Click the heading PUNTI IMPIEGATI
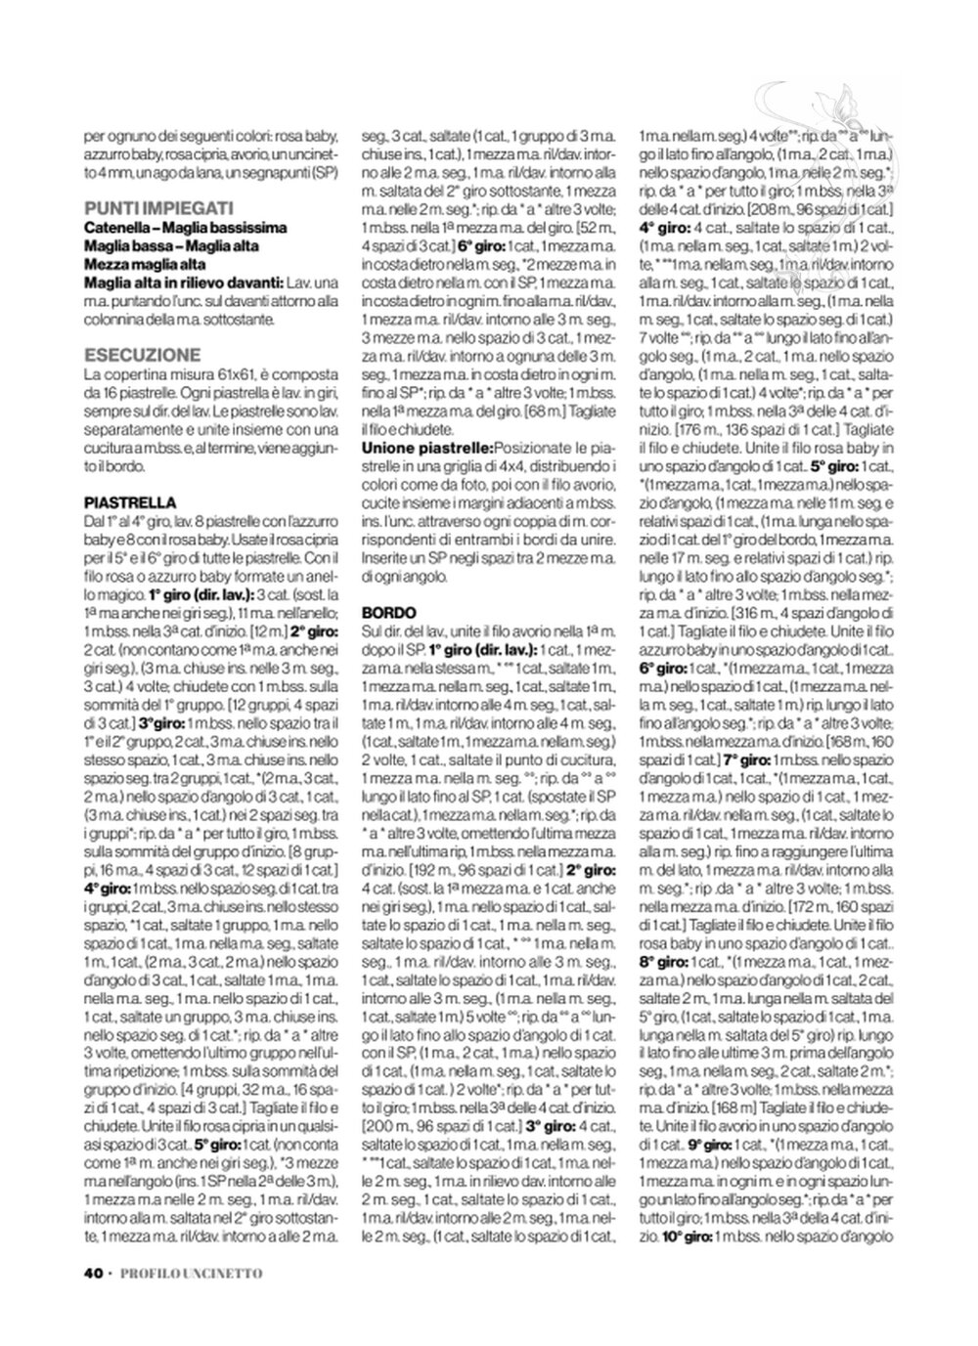point(158,207)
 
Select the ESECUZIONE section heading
point(143,355)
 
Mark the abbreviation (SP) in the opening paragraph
point(321,171)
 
